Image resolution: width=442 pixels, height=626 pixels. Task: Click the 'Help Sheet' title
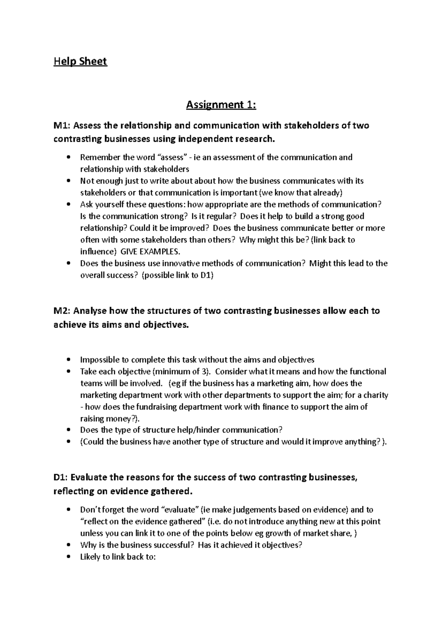click(80, 61)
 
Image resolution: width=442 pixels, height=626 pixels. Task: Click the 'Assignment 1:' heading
click(221, 105)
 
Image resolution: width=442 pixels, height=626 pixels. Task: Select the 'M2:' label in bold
click(63, 311)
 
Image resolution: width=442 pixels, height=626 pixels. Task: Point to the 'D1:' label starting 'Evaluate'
click(61, 477)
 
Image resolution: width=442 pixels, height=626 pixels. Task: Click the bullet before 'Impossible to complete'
click(69, 360)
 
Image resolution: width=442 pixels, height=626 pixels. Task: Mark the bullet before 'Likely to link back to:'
click(69, 557)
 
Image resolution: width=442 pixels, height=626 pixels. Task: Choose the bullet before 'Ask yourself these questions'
click(69, 205)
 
